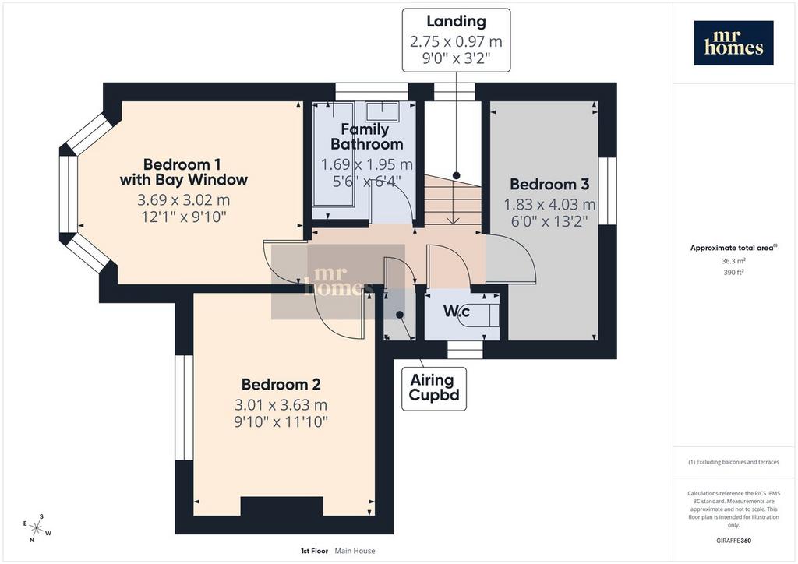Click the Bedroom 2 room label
281,385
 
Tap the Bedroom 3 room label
549,184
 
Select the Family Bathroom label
366,137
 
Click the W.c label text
457,312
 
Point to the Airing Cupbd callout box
433,389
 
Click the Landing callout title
456,21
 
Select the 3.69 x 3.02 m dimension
183,200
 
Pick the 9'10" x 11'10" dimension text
281,421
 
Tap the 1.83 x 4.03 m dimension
549,204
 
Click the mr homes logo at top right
733,43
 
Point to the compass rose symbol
37,528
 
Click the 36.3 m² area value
733,261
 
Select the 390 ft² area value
733,272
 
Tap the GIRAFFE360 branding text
733,541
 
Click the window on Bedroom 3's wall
607,191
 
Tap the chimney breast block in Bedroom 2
281,506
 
